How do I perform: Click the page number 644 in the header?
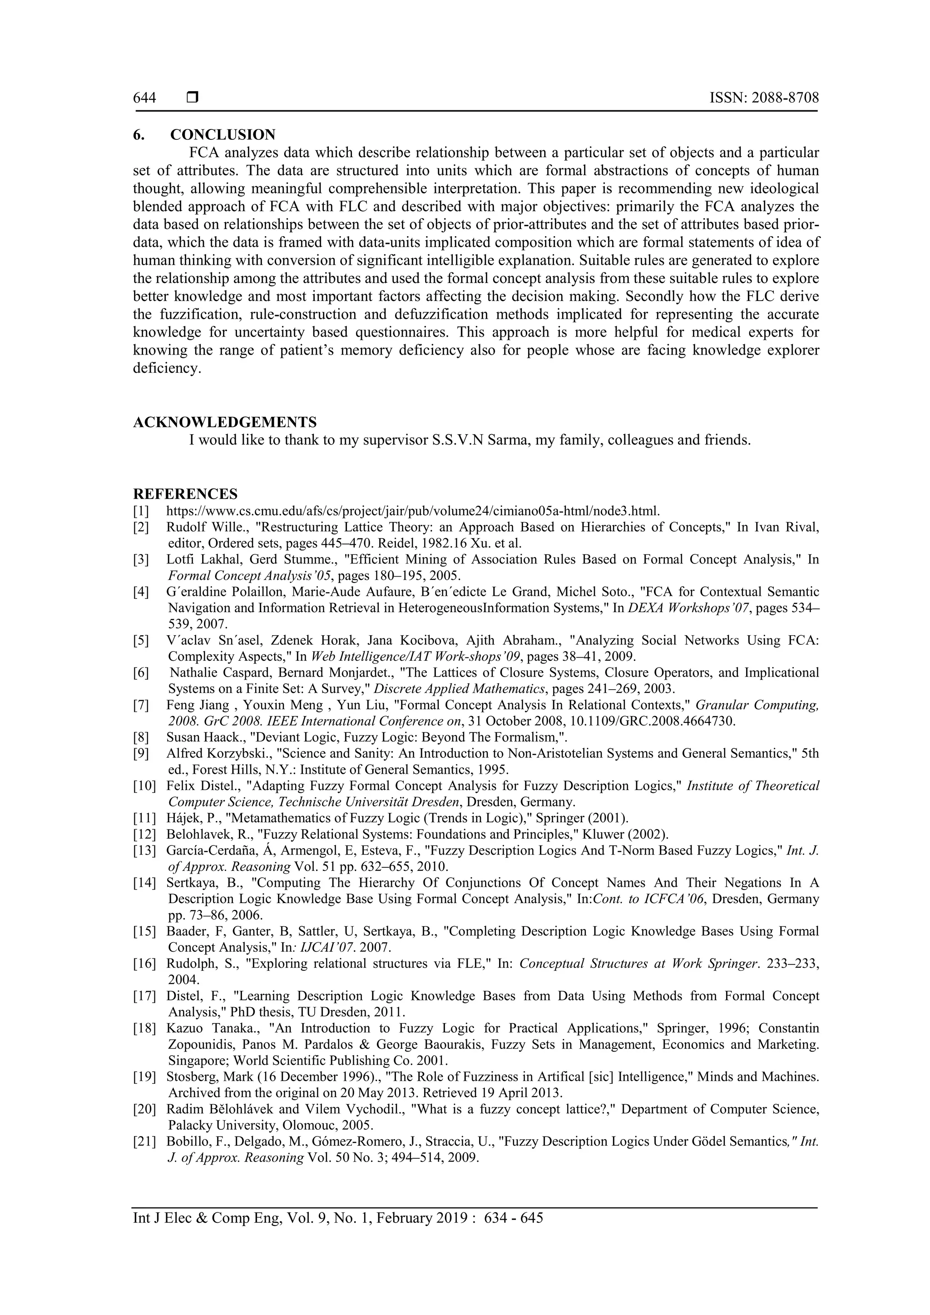point(144,98)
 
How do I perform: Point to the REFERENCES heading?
point(185,494)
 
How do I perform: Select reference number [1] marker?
point(141,510)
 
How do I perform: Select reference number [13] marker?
point(144,850)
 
